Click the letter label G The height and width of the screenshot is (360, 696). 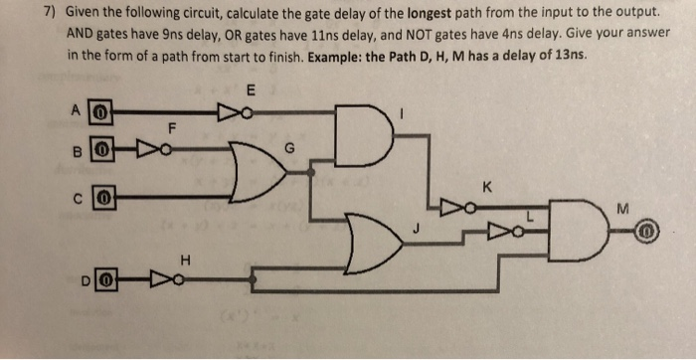point(290,147)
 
